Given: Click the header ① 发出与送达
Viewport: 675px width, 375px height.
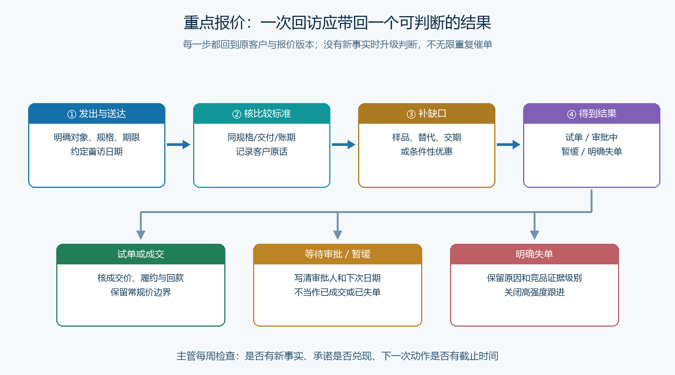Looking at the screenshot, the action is (x=97, y=114).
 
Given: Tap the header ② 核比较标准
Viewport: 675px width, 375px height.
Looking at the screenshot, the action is (x=262, y=114).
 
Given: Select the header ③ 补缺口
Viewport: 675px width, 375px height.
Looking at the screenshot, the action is (x=427, y=114).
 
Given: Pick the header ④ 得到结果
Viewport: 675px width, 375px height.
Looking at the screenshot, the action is (x=592, y=114).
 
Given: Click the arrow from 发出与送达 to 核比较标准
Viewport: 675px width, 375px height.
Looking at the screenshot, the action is (x=178, y=144).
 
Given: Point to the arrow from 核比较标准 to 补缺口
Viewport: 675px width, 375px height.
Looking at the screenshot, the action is (x=343, y=144).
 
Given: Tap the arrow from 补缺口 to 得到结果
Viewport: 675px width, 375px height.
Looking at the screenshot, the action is (x=508, y=144).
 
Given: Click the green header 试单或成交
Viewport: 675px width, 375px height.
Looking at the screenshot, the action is (x=141, y=254).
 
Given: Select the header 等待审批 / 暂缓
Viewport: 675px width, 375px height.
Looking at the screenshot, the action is (x=337, y=254).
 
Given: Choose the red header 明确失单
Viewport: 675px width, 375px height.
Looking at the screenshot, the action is (x=534, y=254).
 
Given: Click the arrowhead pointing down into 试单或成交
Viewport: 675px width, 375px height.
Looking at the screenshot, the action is (x=141, y=235).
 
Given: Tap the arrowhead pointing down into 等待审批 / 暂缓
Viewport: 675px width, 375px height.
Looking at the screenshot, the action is (x=337, y=235).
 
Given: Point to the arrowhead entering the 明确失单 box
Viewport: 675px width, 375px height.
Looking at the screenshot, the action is (x=534, y=235).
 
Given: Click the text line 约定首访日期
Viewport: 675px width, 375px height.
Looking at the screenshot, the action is (x=97, y=151).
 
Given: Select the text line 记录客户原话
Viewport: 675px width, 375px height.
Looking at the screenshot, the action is (x=262, y=151).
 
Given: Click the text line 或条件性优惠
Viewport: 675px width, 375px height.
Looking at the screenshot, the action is (x=427, y=151).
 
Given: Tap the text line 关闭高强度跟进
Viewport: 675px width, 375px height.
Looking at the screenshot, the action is (x=534, y=292).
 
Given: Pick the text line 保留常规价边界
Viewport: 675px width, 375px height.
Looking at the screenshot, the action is (x=141, y=292).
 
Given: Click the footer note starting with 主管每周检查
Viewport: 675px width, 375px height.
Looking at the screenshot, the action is (x=337, y=356).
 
